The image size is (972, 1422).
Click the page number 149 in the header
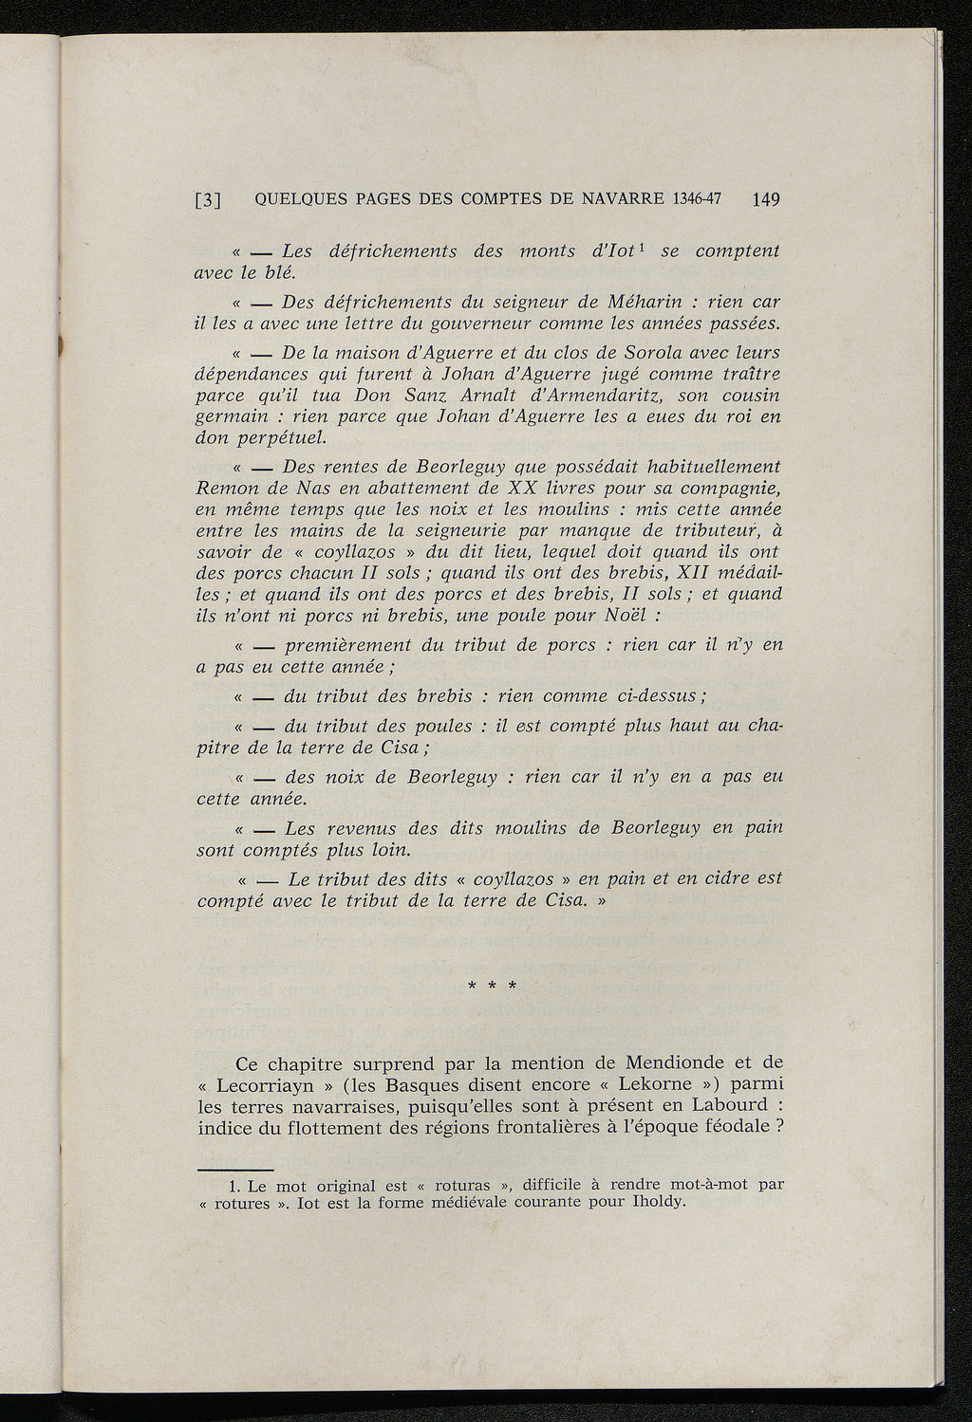coord(763,199)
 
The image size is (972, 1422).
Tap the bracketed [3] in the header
coord(208,200)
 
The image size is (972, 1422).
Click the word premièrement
coord(347,645)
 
